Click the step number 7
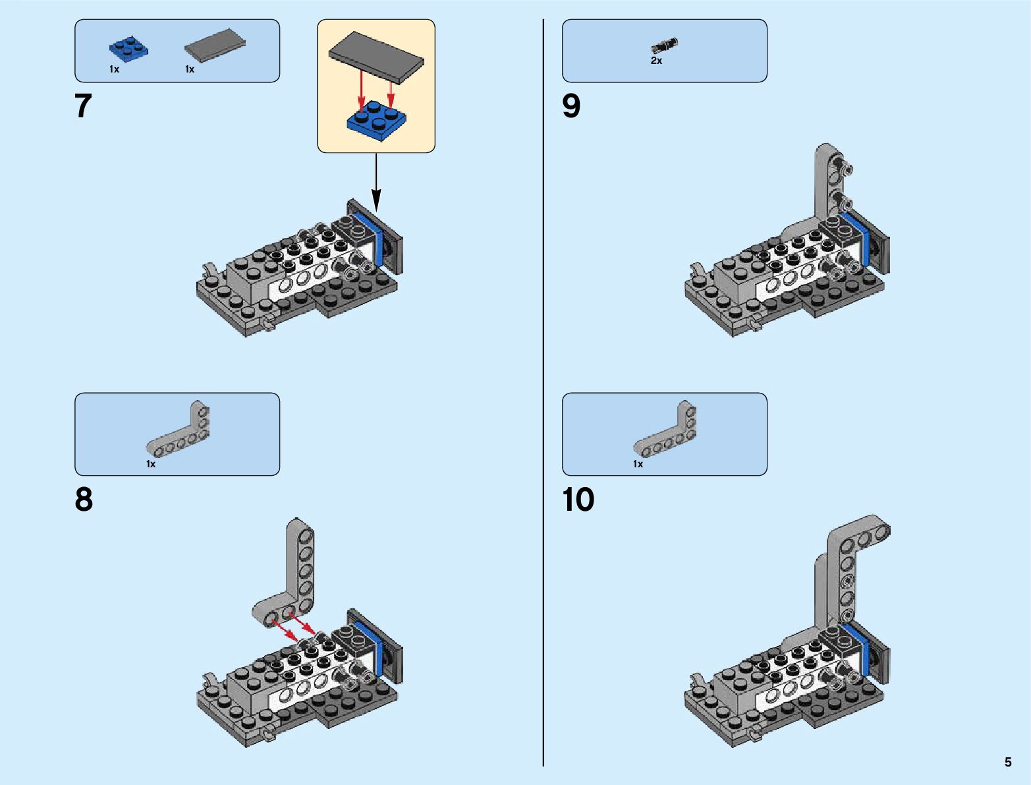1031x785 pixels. tap(83, 106)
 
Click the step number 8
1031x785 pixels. tap(84, 500)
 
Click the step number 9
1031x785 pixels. tap(571, 106)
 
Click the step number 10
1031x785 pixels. tap(578, 500)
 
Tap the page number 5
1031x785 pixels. tap(1008, 762)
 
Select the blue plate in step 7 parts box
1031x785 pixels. tap(128, 50)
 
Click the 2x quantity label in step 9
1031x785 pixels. tap(656, 61)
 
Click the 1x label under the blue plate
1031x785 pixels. tap(115, 69)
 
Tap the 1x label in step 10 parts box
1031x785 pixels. tap(638, 464)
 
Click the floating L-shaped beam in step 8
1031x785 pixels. tap(291, 580)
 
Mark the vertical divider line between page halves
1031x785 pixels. tap(543, 395)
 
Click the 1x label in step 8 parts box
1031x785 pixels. tap(151, 464)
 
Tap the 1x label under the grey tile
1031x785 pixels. tap(190, 69)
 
